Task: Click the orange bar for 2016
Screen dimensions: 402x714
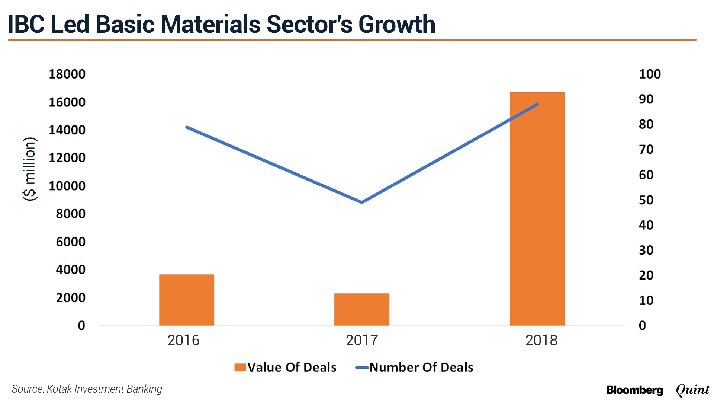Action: [187, 300]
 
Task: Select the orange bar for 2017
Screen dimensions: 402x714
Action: [362, 309]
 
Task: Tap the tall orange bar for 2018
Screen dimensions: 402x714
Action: [537, 208]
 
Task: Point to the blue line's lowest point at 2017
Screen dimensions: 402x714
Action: [362, 202]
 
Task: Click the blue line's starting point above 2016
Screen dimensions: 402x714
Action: [187, 127]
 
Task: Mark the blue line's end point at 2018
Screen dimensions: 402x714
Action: [537, 104]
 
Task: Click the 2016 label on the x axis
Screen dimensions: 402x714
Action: [183, 340]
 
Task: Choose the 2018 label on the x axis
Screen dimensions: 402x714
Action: [541, 340]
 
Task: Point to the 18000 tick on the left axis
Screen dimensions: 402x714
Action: [67, 74]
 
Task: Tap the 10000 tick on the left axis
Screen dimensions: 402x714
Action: [67, 186]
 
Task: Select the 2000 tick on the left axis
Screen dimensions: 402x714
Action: [71, 298]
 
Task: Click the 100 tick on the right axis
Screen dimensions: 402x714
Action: [650, 74]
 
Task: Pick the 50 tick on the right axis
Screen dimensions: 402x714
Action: [646, 200]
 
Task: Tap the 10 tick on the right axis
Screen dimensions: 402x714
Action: [646, 300]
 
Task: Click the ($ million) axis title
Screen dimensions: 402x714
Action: [30, 169]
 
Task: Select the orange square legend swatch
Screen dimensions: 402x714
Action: [240, 367]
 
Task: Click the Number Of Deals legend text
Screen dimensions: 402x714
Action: [421, 367]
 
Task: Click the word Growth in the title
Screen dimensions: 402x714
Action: [397, 24]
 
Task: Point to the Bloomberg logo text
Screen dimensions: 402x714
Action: [634, 390]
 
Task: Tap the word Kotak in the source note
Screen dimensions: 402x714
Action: [59, 389]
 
